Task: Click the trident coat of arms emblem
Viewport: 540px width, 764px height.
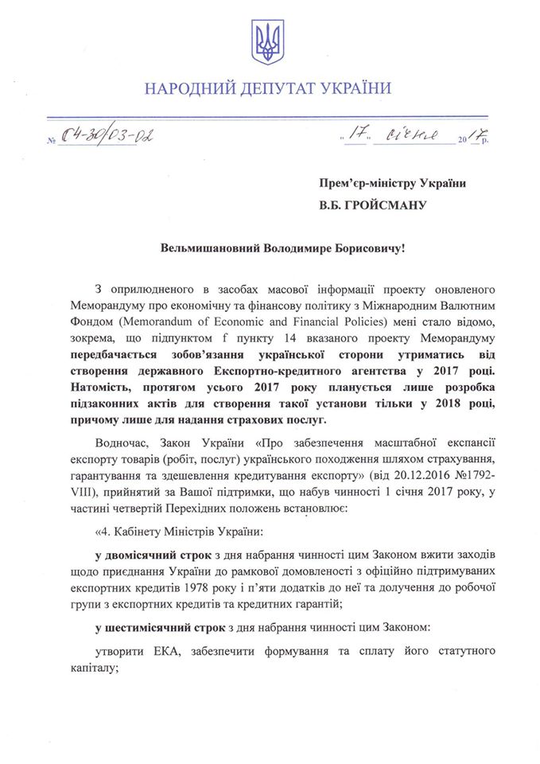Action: tap(268, 43)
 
